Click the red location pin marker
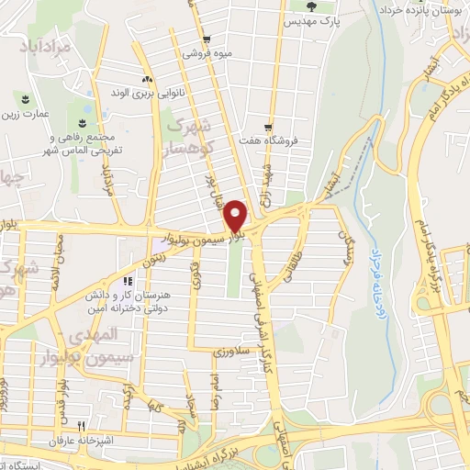(237, 216)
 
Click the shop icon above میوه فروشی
(208, 39)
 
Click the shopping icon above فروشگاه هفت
(268, 127)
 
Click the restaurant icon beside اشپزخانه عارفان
(81, 425)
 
